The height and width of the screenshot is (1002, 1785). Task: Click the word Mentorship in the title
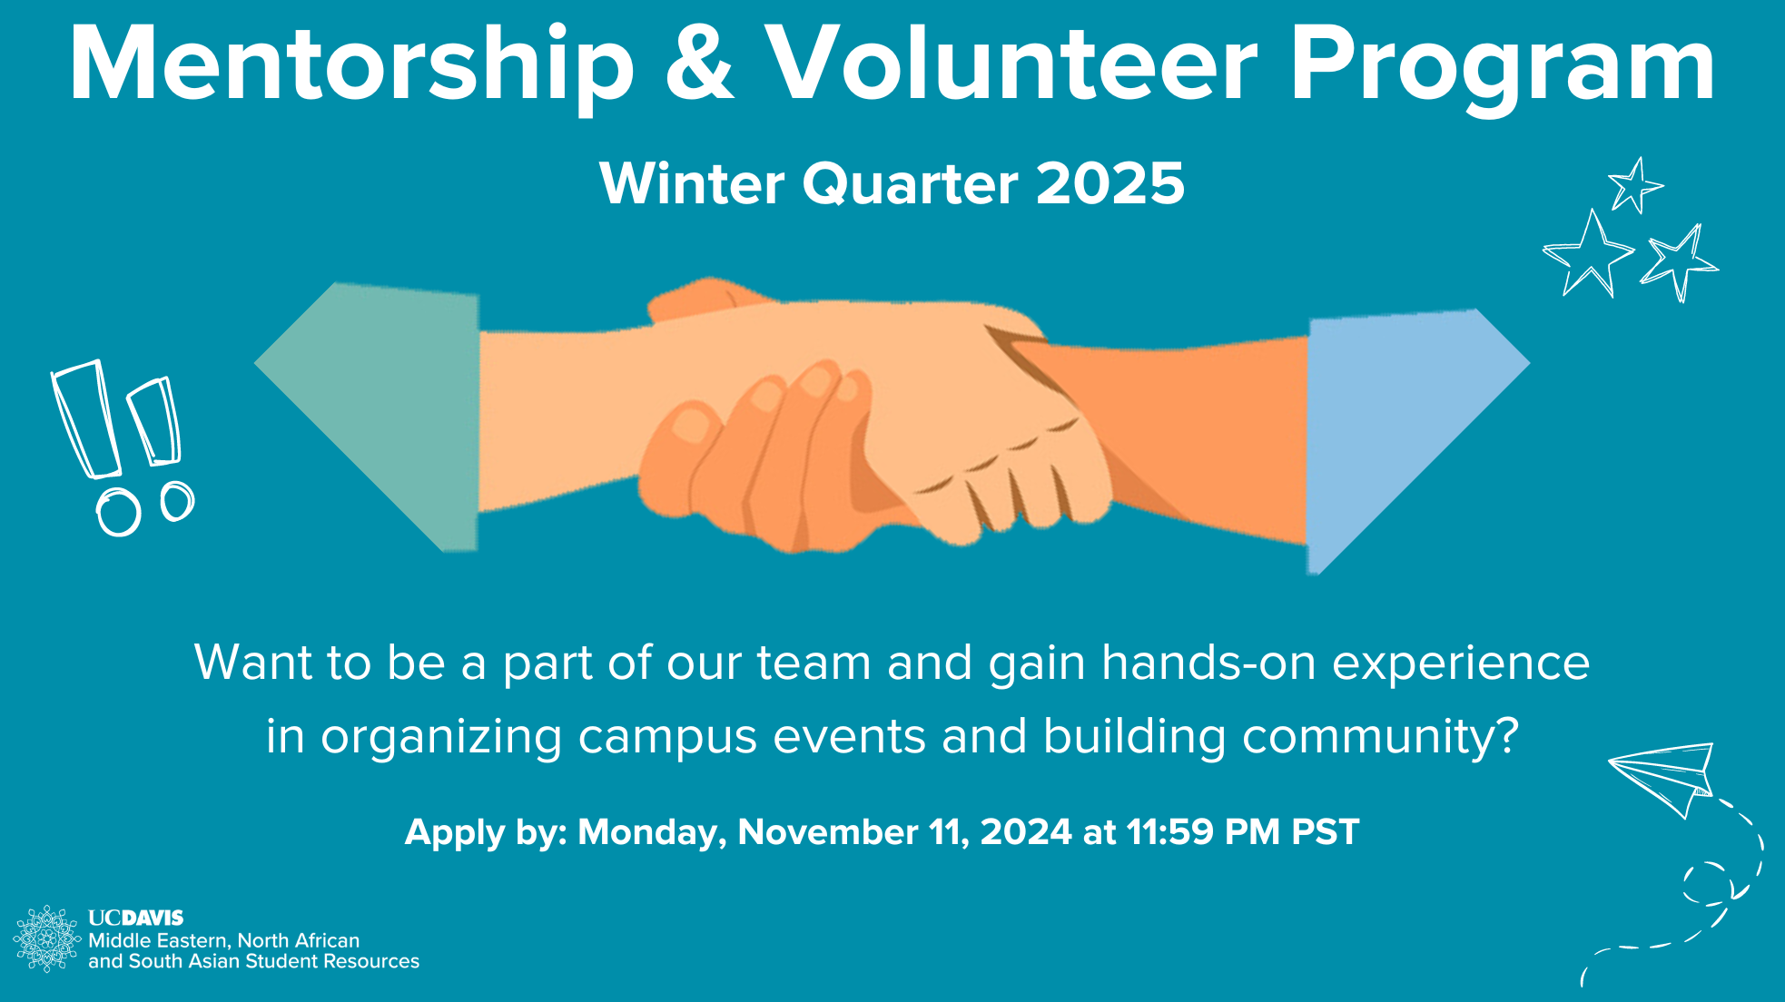point(351,65)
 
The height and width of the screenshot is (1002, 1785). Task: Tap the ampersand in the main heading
point(699,65)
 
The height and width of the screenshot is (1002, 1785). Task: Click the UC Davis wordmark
point(136,918)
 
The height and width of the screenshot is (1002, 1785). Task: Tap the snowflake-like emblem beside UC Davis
point(46,938)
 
